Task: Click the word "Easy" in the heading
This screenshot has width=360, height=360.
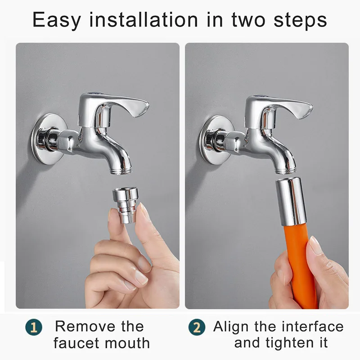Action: (57, 20)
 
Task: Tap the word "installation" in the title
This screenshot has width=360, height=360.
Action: (144, 19)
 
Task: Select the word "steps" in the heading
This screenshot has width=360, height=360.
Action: (300, 20)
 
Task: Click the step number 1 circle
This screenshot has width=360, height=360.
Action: (34, 327)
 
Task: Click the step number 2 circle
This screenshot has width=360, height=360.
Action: (197, 327)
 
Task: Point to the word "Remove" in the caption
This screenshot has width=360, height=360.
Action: (85, 326)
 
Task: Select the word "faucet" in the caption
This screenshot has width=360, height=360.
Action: (76, 343)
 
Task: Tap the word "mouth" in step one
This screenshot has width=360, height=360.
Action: (127, 343)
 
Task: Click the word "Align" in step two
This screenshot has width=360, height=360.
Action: (230, 327)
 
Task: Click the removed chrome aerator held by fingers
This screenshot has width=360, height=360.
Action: (125, 205)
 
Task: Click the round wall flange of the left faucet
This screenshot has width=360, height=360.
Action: (49, 139)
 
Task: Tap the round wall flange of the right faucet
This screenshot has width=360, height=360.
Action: (216, 140)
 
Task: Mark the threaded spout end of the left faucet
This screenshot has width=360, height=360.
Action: (121, 171)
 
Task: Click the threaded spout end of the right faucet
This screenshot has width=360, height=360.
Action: (285, 171)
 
